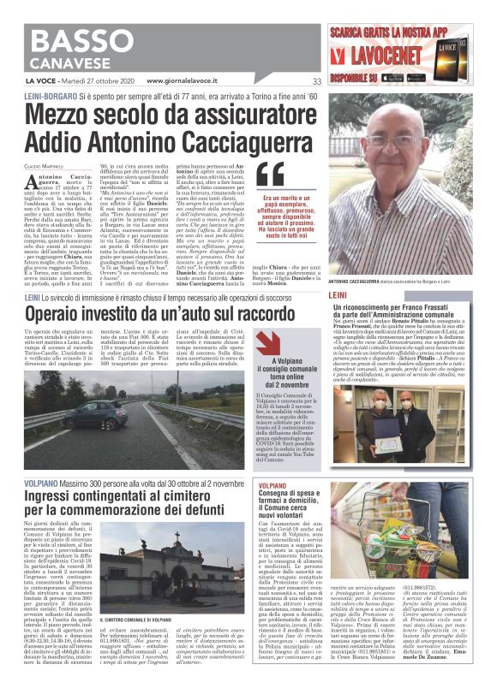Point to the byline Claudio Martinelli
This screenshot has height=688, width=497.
[44, 164]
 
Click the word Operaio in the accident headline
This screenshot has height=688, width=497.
[61, 293]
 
